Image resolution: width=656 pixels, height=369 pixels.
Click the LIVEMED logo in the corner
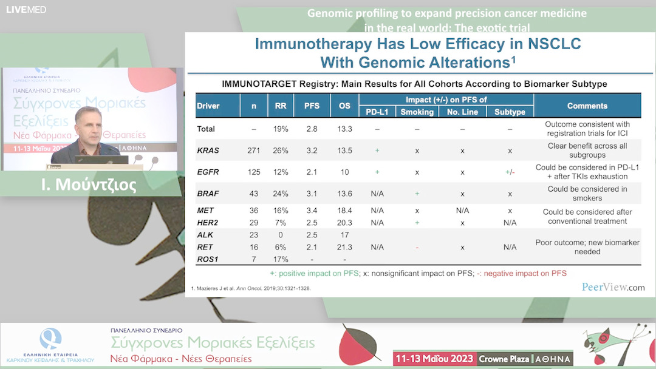click(26, 9)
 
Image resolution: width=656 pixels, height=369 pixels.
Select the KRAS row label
click(208, 151)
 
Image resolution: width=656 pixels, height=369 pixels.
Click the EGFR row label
click(208, 172)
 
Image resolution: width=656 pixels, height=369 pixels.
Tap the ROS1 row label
click(208, 259)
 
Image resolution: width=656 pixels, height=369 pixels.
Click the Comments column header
click(587, 106)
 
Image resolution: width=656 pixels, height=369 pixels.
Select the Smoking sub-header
click(417, 112)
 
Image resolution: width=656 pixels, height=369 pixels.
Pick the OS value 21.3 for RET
click(344, 247)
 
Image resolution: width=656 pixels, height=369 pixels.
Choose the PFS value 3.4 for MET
click(311, 211)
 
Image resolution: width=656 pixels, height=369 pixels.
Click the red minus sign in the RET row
click(417, 247)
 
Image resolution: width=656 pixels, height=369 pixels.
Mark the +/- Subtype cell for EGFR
click(510, 172)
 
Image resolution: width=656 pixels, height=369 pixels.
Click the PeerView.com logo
click(613, 287)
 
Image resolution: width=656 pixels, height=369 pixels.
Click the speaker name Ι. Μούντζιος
click(90, 184)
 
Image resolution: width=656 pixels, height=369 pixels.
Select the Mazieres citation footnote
click(251, 288)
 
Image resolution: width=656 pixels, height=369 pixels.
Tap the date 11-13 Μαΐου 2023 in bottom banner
click(434, 358)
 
